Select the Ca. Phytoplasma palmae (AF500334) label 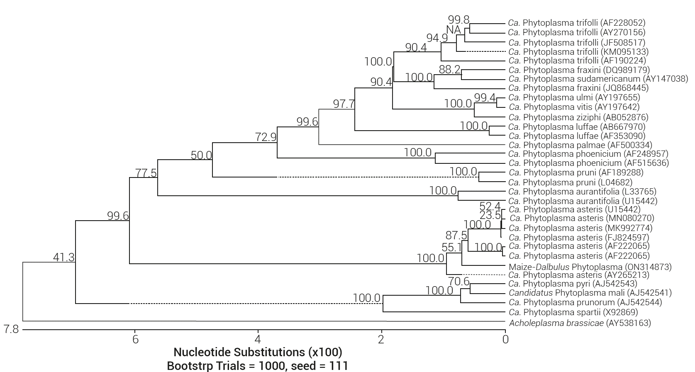tap(580, 145)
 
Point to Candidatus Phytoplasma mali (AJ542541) tap(590, 293)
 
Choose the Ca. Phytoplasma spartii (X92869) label tap(573, 312)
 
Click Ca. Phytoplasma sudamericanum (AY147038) tap(598, 79)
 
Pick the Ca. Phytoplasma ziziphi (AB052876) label tap(578, 117)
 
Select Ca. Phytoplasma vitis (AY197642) tap(574, 107)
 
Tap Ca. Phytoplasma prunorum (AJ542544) tap(585, 302)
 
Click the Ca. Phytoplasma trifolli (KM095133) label tap(578, 52)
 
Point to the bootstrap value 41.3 tap(64, 258)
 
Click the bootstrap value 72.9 tap(266, 137)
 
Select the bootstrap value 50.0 tap(201, 156)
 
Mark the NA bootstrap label tap(454, 30)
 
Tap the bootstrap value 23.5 tap(490, 215)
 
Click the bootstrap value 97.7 tap(344, 104)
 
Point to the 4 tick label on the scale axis tap(258, 339)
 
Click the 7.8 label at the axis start tap(11, 330)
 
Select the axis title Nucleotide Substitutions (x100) tap(258, 352)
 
